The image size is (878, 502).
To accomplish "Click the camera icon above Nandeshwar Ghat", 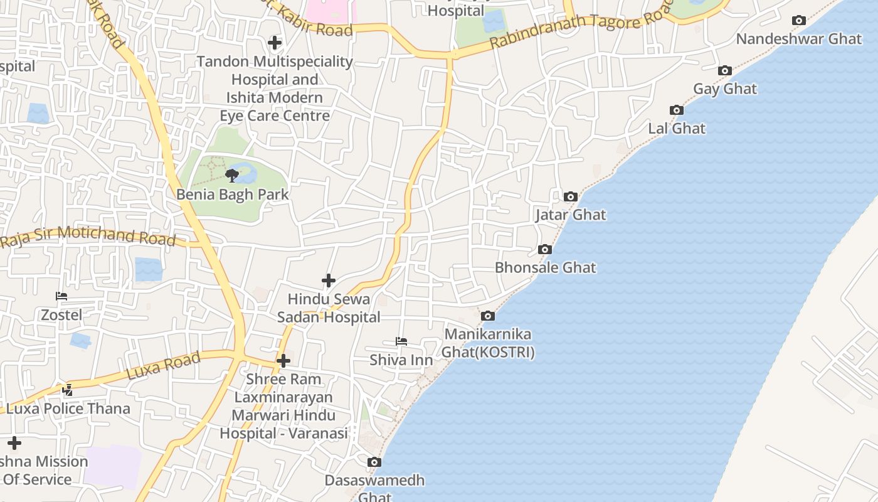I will coord(798,21).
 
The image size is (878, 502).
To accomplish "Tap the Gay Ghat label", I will coord(724,89).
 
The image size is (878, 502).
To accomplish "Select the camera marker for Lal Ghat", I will coord(676,110).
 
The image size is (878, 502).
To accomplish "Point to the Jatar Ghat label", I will coord(570,215).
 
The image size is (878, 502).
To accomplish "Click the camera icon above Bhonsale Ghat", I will coord(544,250).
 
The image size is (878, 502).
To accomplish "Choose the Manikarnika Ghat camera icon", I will coord(487,316).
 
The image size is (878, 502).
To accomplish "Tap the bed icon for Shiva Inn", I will coord(401,341).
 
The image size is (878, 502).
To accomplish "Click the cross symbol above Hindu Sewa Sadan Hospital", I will coord(328,280).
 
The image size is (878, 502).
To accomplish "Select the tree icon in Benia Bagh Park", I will coord(232,175).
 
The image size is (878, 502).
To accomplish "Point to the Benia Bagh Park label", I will coord(232,195).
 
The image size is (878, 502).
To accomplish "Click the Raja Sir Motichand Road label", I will coord(88,236).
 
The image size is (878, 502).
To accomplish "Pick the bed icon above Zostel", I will coord(61,296).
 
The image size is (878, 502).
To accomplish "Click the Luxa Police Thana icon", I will coord(67,390).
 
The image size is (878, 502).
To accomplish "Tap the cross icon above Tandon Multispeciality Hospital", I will coord(274,43).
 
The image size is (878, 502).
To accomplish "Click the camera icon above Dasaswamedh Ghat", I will coord(374,462).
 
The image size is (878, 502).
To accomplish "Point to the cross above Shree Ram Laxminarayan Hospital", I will coord(283,361).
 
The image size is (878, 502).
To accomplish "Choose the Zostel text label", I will coord(61,315).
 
